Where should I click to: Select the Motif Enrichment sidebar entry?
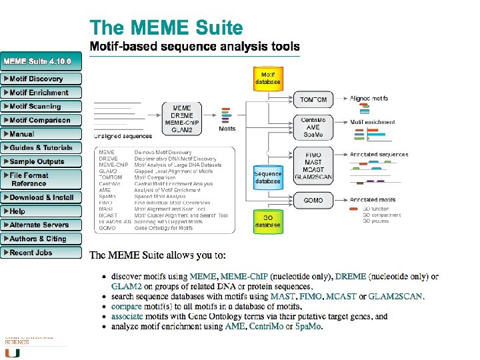point(39,93)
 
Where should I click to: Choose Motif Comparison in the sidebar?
point(40,121)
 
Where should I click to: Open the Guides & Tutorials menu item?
point(41,148)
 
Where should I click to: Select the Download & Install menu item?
point(42,197)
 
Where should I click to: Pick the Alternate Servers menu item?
point(39,225)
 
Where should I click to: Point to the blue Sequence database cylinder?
point(268,177)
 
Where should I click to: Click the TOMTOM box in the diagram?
point(313,100)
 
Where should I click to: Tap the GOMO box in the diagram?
point(313,200)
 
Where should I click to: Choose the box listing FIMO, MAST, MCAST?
point(313,162)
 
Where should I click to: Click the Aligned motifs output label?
point(369,99)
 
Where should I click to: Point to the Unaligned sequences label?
point(123,135)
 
